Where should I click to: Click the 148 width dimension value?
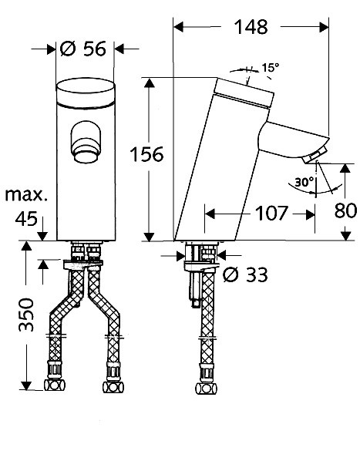click(x=251, y=27)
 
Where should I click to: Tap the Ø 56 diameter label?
click(x=83, y=49)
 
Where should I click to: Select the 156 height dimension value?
click(x=146, y=154)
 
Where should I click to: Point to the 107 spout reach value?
click(x=271, y=213)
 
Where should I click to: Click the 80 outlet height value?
click(x=345, y=210)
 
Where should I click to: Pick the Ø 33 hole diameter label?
click(x=245, y=274)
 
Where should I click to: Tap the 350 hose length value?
click(x=26, y=315)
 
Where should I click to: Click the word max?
click(x=26, y=195)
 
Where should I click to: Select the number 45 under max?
click(x=26, y=219)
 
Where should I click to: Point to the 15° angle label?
click(x=271, y=68)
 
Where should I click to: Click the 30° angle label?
click(x=304, y=182)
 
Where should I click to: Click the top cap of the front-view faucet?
click(x=86, y=93)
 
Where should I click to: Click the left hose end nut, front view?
click(x=55, y=385)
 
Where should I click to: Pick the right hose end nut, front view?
click(x=113, y=387)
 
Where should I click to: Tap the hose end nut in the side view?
click(x=206, y=389)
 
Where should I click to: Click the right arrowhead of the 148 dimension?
click(x=324, y=27)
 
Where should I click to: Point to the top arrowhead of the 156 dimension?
click(x=149, y=82)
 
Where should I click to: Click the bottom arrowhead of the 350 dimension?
click(x=26, y=385)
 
